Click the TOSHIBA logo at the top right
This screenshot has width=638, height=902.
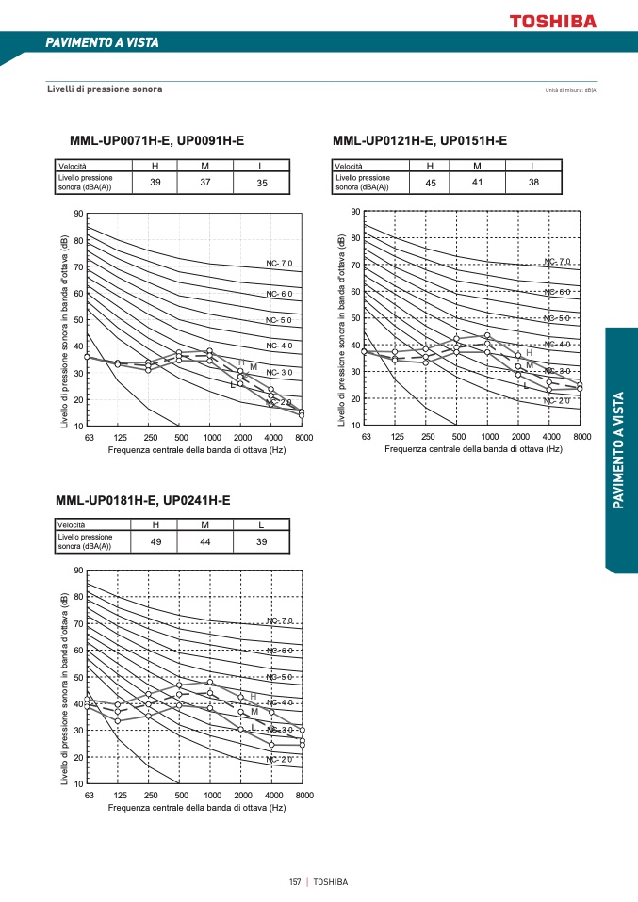click(x=552, y=20)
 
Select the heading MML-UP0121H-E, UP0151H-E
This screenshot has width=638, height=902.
click(x=419, y=140)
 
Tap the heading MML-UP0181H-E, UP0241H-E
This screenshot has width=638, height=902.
click(x=143, y=500)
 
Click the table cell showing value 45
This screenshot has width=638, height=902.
click(x=431, y=183)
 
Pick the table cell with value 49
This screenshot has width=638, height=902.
click(x=156, y=542)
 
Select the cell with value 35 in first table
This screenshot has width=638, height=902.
click(x=262, y=183)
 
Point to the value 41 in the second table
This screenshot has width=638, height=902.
click(x=477, y=183)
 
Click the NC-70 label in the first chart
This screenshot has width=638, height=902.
click(x=280, y=263)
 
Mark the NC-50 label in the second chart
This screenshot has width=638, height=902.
click(x=557, y=318)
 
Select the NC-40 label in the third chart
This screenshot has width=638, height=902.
click(x=280, y=702)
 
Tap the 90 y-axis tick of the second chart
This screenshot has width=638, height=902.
click(x=354, y=212)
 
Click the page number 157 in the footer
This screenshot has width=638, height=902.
click(x=295, y=882)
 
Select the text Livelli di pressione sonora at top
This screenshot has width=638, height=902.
click(x=105, y=89)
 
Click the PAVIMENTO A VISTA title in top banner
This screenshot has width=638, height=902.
click(x=102, y=42)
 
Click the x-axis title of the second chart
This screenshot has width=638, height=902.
click(x=473, y=449)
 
